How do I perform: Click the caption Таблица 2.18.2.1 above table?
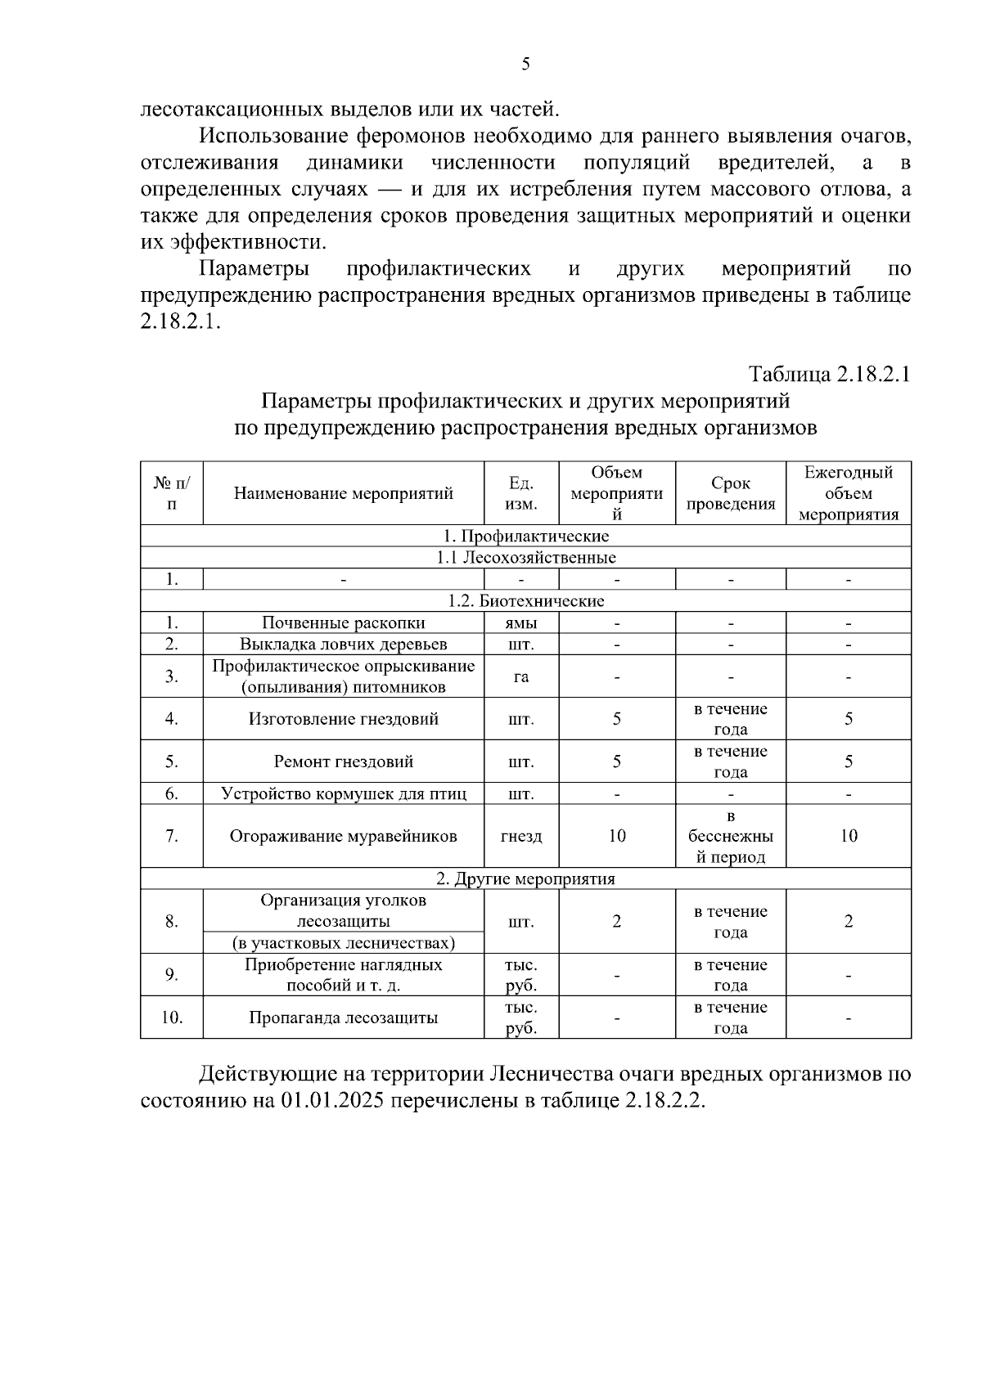(x=830, y=375)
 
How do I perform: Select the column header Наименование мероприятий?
(x=343, y=493)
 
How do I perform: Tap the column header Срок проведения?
(x=730, y=493)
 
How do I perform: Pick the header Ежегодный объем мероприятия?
(x=848, y=493)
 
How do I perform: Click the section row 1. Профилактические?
(x=525, y=537)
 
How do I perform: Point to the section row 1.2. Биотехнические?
(x=525, y=601)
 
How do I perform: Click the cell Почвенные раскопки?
(x=343, y=623)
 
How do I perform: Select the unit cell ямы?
(x=521, y=623)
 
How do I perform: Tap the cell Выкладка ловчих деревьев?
(x=343, y=645)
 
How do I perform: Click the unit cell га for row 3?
(x=521, y=676)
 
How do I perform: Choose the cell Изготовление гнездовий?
(x=343, y=719)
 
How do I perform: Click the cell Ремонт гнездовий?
(x=343, y=761)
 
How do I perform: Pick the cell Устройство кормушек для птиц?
(x=343, y=794)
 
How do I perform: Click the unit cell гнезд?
(x=521, y=836)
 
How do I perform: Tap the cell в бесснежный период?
(x=730, y=836)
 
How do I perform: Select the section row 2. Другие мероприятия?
(x=525, y=879)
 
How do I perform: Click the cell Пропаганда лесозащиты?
(x=343, y=1018)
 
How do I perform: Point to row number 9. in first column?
(x=172, y=975)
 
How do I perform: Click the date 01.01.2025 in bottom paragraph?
(x=332, y=1100)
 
